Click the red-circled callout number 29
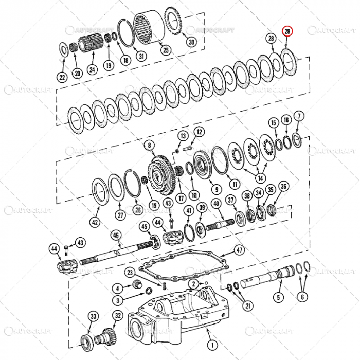click(288, 32)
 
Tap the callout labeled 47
click(239, 250)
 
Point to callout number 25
click(165, 50)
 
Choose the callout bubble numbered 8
click(150, 146)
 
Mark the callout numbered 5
click(278, 297)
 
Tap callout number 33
click(93, 316)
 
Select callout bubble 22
click(62, 78)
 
